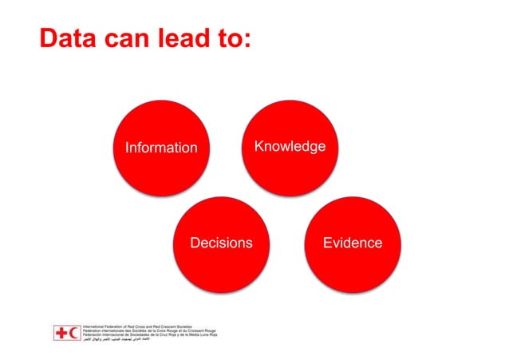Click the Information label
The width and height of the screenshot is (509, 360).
click(161, 148)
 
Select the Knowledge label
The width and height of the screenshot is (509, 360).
click(290, 146)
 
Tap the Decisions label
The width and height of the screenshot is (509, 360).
click(221, 243)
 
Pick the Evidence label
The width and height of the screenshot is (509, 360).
click(352, 243)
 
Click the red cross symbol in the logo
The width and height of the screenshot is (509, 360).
click(62, 333)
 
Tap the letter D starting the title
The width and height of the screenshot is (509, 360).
click(50, 38)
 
